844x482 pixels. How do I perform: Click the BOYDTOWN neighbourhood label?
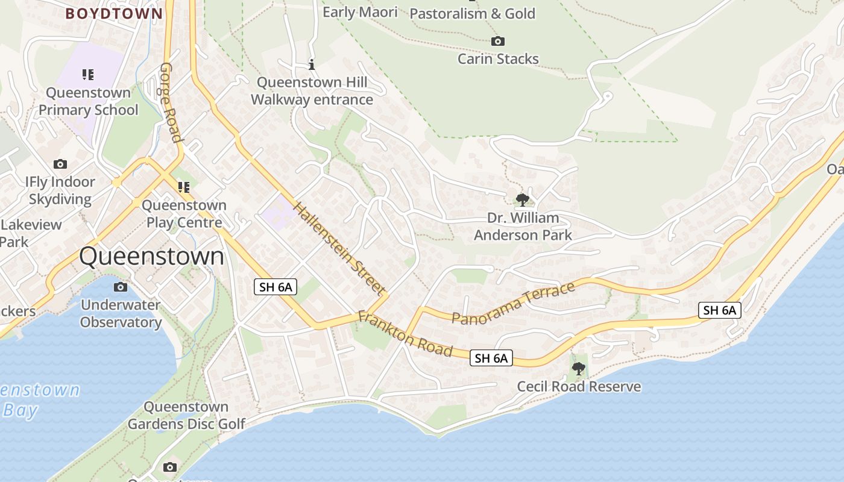pyautogui.click(x=114, y=13)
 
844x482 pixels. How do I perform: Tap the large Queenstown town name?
pyautogui.click(x=151, y=257)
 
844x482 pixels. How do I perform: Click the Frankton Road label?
pyautogui.click(x=405, y=333)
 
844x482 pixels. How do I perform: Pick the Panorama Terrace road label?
pyautogui.click(x=513, y=304)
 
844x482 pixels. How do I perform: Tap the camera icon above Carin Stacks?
pyautogui.click(x=497, y=41)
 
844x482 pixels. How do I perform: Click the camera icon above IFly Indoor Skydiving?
pyautogui.click(x=60, y=164)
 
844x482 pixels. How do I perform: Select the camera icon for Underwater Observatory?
pyautogui.click(x=121, y=287)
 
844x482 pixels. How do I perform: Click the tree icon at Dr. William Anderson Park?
pyautogui.click(x=523, y=199)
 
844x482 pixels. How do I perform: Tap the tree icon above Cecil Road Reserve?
pyautogui.click(x=579, y=368)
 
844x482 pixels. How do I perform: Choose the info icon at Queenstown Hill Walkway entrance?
pyautogui.click(x=312, y=63)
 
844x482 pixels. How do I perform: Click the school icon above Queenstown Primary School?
pyautogui.click(x=88, y=75)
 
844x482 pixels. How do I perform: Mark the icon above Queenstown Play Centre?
pyautogui.click(x=183, y=187)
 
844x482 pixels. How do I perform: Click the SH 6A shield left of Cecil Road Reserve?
pyautogui.click(x=491, y=358)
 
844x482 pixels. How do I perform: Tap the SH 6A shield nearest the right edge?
pyautogui.click(x=719, y=310)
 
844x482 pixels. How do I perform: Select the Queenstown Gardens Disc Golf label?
pyautogui.click(x=186, y=416)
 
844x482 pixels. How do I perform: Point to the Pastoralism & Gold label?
pyautogui.click(x=473, y=13)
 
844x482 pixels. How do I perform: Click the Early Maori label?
pyautogui.click(x=361, y=12)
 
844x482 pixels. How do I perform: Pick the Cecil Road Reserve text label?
pyautogui.click(x=579, y=386)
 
